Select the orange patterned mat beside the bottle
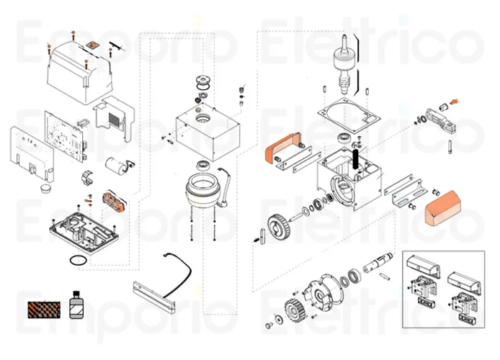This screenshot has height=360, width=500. pos(44,310)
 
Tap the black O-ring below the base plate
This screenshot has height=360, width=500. pos(78,261)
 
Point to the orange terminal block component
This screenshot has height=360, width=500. pos(113,202)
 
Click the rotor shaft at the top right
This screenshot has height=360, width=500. pos(344,63)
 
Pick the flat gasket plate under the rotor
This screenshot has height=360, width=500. pos(349,115)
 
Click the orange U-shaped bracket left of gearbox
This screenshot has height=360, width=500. pos(280,147)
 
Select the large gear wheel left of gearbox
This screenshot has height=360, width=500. pos(279,227)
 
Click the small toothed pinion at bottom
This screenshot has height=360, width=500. pos(294,310)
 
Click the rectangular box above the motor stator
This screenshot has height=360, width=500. pos(207,132)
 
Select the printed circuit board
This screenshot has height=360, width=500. pos(65,136)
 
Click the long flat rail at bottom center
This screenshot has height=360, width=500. pos(154,297)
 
